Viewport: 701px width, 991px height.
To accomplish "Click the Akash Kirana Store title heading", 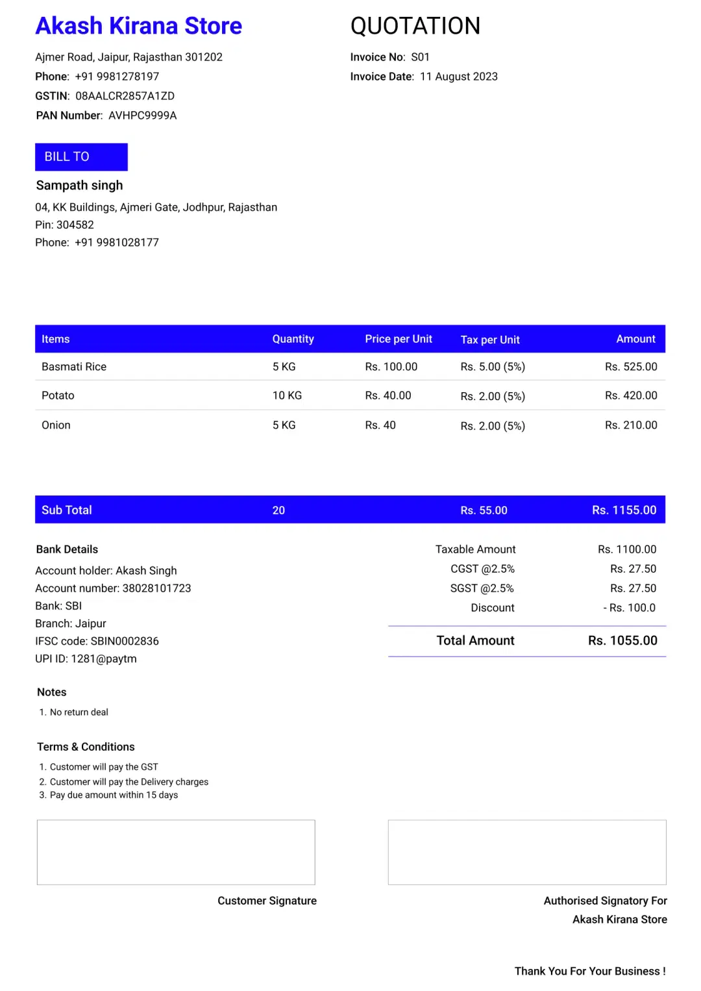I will click(138, 26).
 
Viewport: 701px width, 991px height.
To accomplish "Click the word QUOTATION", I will click(415, 26).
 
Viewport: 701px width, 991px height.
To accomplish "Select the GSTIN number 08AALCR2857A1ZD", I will click(125, 96).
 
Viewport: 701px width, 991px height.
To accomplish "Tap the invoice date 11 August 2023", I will click(458, 77).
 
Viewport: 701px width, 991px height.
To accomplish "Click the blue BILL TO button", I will click(81, 157).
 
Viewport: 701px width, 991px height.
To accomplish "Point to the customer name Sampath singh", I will click(79, 186).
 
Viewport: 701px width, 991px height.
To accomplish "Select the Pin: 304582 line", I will click(64, 225).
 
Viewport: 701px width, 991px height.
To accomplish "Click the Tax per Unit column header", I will click(490, 340).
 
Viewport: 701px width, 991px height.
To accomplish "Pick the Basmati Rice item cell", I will click(74, 367).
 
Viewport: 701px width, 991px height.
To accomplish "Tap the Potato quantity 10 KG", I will click(287, 395).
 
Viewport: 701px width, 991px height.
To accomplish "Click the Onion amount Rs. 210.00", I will click(631, 425).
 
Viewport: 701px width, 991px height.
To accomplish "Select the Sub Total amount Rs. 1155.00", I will click(624, 510).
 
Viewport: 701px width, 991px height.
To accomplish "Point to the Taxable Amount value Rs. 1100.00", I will click(627, 549).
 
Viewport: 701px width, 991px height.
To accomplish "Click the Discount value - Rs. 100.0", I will click(630, 608).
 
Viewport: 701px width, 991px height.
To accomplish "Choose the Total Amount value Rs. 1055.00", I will click(622, 641).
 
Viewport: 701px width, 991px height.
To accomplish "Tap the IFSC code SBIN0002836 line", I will click(97, 641).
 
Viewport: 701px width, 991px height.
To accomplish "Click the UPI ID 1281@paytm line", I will click(86, 659).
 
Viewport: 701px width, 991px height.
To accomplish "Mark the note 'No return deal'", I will click(79, 712).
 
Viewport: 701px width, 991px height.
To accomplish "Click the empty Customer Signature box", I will click(176, 852).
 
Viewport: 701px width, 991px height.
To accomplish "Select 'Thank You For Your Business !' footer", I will click(589, 971).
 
